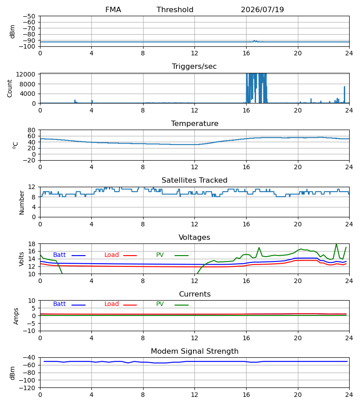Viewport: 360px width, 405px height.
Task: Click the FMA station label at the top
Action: click(x=113, y=10)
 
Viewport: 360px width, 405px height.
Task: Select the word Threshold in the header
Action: click(x=175, y=10)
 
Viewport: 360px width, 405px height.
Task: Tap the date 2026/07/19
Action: click(x=262, y=10)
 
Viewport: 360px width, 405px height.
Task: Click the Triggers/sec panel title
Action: click(x=194, y=67)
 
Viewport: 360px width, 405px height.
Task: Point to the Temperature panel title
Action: click(x=194, y=123)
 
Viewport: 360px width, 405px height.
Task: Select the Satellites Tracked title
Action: click(x=194, y=180)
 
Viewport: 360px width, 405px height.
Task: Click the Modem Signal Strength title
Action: click(x=194, y=351)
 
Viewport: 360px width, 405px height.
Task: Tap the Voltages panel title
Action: click(x=194, y=237)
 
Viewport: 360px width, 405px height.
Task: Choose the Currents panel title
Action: click(x=195, y=294)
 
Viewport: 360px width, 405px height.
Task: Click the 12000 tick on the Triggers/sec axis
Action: click(x=26, y=74)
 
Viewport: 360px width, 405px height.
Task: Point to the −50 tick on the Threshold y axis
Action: click(x=29, y=16)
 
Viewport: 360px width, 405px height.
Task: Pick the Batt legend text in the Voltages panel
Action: click(x=59, y=255)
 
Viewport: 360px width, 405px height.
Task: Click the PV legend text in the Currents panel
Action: click(x=160, y=304)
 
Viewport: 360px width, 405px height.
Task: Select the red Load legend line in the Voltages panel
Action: click(x=130, y=256)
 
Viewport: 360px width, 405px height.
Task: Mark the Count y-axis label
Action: click(x=10, y=88)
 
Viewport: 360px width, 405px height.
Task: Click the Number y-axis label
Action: click(x=22, y=202)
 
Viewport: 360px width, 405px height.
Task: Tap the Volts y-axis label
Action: click(x=22, y=259)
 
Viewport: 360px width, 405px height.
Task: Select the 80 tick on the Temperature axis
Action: click(x=32, y=130)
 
